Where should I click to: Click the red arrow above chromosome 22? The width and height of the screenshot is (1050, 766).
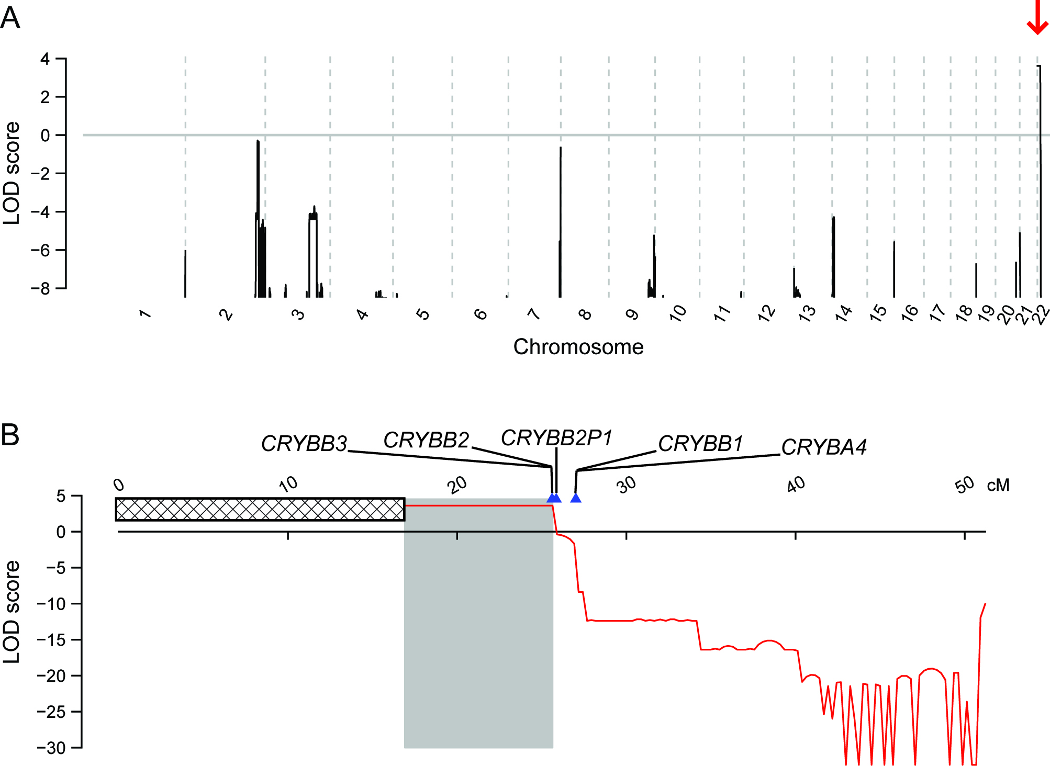(x=1037, y=17)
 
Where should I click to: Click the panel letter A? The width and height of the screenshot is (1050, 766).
(x=10, y=19)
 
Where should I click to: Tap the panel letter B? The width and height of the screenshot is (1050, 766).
(x=10, y=435)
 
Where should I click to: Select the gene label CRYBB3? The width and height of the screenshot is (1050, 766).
(x=304, y=444)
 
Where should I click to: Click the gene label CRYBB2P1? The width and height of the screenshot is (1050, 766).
(x=556, y=438)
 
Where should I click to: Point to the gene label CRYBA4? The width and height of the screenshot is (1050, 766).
(x=824, y=447)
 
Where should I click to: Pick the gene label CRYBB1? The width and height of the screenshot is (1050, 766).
(x=700, y=444)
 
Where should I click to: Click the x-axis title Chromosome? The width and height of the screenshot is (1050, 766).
(x=578, y=347)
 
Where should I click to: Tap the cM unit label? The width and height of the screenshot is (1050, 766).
(x=998, y=486)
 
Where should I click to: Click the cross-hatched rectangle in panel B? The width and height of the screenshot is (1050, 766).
(x=260, y=509)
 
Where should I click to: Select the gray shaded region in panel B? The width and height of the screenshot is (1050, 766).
(x=478, y=628)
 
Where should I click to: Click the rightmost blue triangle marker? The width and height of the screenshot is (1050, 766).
(x=576, y=498)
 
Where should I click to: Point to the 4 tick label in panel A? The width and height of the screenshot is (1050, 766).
(x=45, y=59)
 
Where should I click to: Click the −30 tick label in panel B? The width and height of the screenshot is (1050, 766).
(x=51, y=748)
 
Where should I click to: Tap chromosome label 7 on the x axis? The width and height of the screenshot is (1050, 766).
(x=533, y=314)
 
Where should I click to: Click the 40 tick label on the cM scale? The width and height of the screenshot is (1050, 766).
(x=796, y=485)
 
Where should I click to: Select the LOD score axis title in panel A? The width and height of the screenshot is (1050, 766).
(x=12, y=173)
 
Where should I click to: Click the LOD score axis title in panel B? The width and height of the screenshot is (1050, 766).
(x=12, y=612)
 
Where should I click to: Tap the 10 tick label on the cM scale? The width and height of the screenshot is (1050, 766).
(x=288, y=485)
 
